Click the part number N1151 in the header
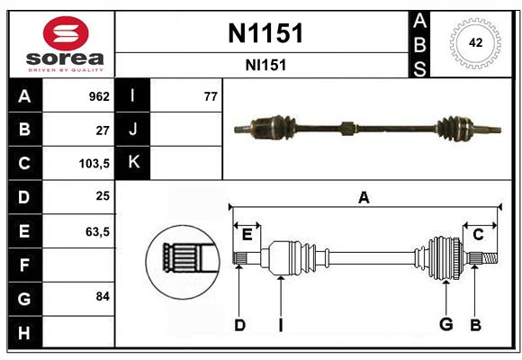tap(265, 33)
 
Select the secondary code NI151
tap(265, 66)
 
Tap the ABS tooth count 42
tap(474, 42)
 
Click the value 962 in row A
tap(98, 96)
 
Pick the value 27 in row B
tap(103, 130)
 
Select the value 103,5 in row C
tap(94, 164)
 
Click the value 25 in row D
tap(103, 196)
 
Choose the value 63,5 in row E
tap(97, 231)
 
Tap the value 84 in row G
tap(103, 296)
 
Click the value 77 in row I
tap(211, 96)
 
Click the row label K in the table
tap(133, 163)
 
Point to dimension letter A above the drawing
tap(364, 198)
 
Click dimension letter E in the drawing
tap(247, 234)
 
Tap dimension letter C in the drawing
tap(478, 234)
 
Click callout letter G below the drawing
tap(445, 325)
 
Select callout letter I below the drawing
tap(281, 325)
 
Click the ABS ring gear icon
tap(474, 42)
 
